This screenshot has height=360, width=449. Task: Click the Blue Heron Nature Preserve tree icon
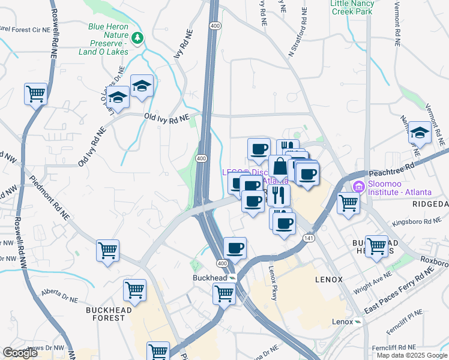pyautogui.click(x=139, y=38)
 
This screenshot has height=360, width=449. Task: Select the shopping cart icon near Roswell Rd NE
pyautogui.click(x=35, y=94)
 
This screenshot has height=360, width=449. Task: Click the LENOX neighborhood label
pyautogui.click(x=329, y=280)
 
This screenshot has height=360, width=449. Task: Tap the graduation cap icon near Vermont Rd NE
pyautogui.click(x=420, y=133)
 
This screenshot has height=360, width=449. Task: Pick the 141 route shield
pyautogui.click(x=309, y=238)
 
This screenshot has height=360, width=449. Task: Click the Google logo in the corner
pyautogui.click(x=20, y=353)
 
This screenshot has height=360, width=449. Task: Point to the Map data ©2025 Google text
pyautogui.click(x=411, y=355)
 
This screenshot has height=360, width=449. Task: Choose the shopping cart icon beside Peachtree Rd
pyautogui.click(x=348, y=203)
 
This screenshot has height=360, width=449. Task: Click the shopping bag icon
pyautogui.click(x=279, y=167)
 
